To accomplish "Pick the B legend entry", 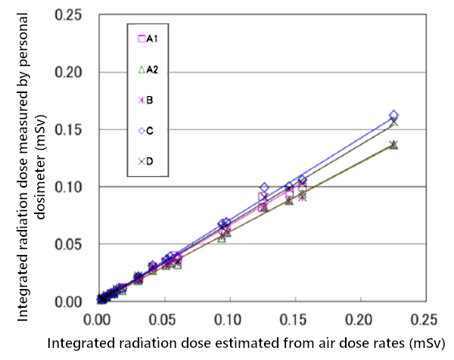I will pos(145,99).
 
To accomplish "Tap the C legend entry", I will pos(145,130).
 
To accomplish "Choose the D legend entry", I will pos(145,160).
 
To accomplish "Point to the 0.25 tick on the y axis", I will pos(76,15).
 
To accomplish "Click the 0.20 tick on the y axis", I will pos(76,73).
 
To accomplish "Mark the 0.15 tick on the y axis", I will pos(76,129).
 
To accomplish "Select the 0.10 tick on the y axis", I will pos(76,187).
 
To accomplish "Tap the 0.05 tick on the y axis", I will pos(76,244).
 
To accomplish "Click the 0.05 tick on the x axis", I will pos(163,318).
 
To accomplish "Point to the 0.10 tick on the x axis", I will pos(229,318).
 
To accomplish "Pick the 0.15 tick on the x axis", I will pos(294,318).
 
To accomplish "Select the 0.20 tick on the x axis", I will pos(359,318).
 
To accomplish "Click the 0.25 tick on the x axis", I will pos(424,318).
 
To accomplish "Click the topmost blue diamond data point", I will pos(393,116).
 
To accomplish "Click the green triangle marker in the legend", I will pos(140,70).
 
